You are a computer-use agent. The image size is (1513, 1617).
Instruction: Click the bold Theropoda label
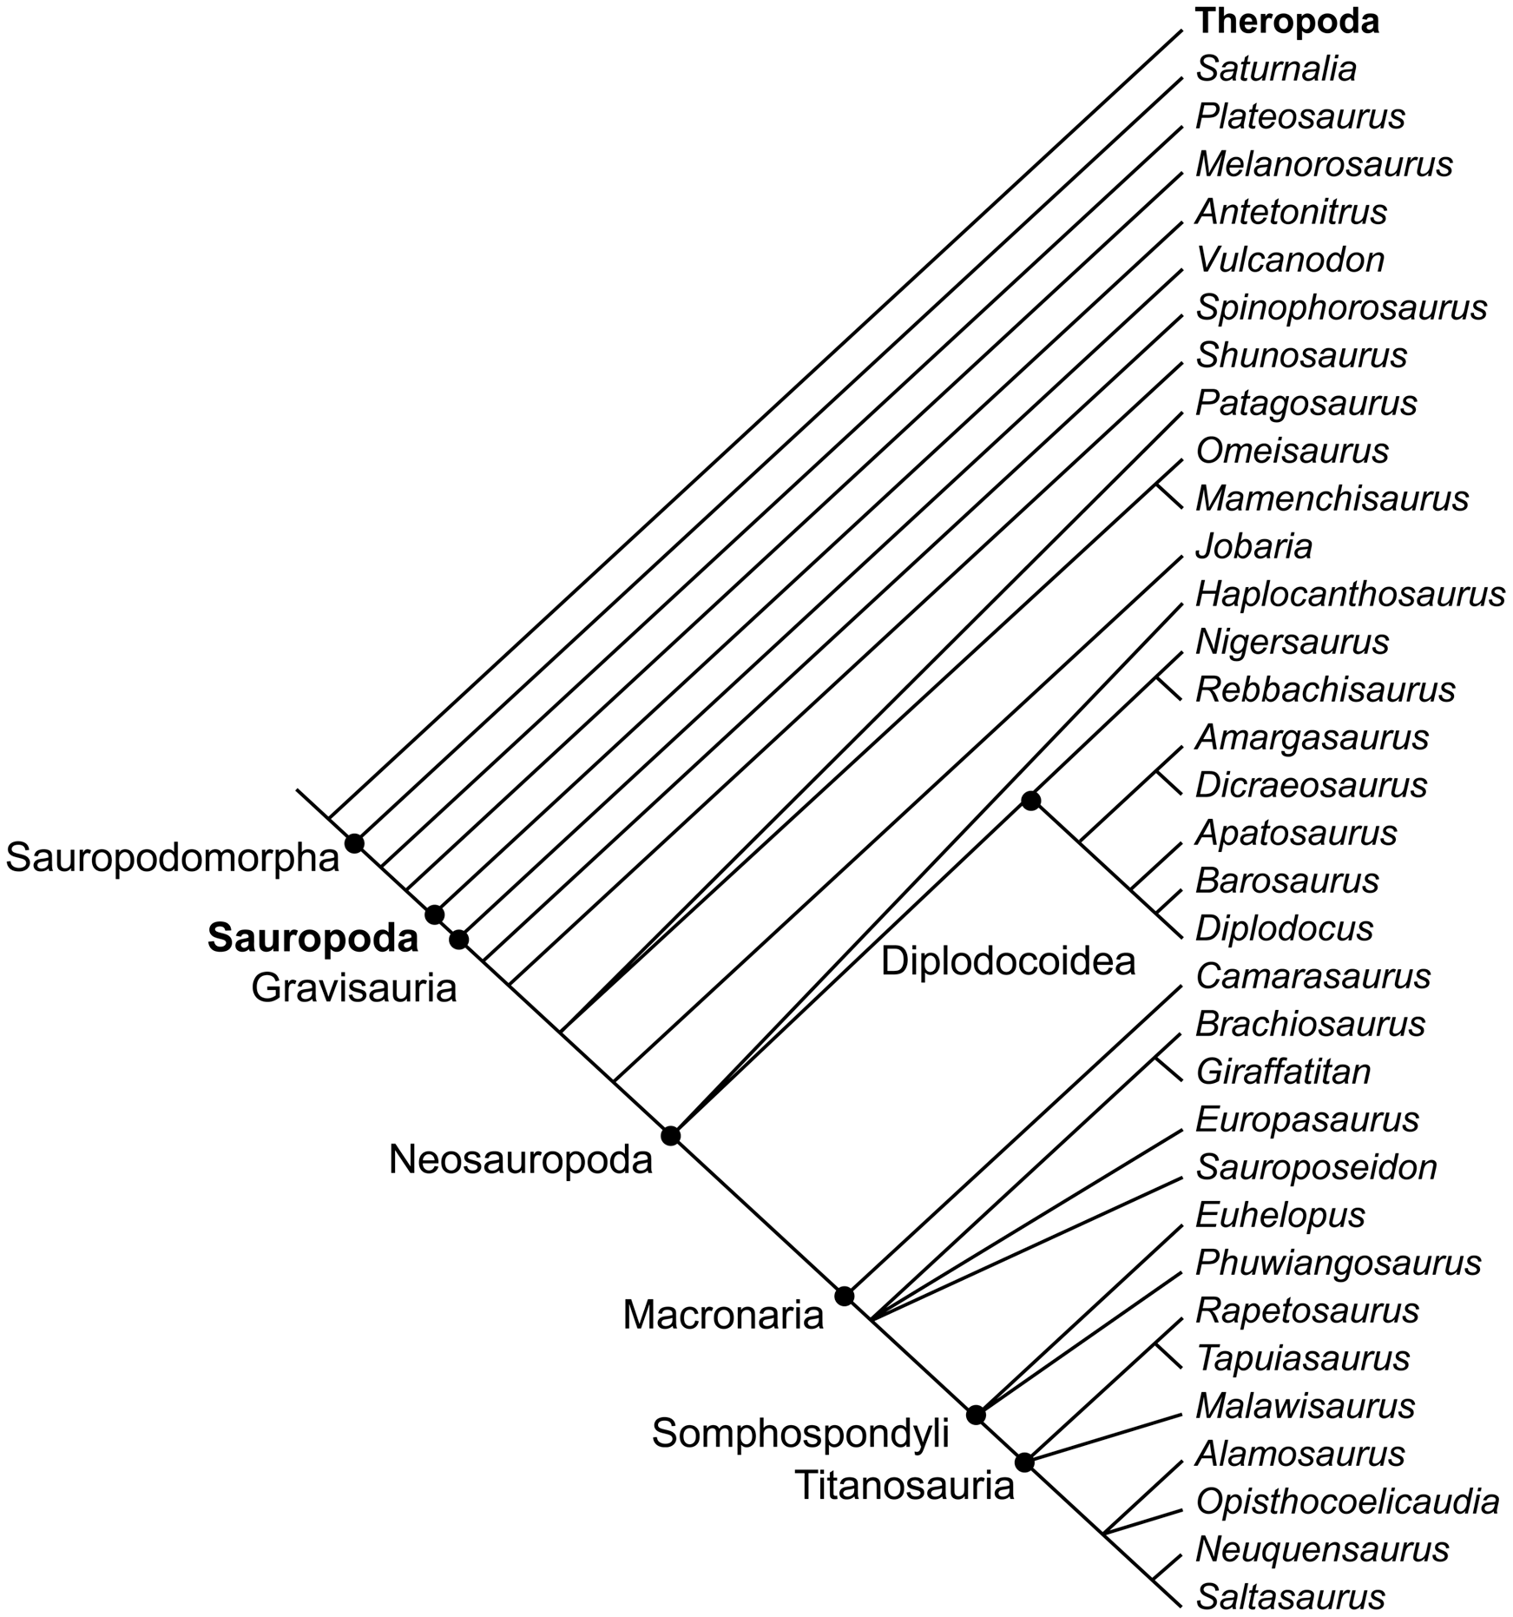coord(1287,23)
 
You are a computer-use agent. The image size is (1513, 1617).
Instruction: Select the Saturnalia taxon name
coord(1276,69)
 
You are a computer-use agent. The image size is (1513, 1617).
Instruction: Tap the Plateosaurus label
coord(1300,117)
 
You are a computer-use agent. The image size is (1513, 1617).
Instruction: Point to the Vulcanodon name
coord(1290,260)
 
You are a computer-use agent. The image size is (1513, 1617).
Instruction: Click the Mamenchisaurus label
coord(1332,499)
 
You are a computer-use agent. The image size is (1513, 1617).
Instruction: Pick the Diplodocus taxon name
coord(1285,928)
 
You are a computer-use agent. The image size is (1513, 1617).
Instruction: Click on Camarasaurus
coord(1312,976)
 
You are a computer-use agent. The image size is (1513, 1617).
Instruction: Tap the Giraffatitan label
coord(1283,1072)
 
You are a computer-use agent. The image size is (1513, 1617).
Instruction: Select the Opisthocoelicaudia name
coord(1347,1501)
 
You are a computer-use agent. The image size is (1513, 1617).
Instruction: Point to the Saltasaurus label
coord(1290,1597)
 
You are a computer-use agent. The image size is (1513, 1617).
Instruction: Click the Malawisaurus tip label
coord(1306,1406)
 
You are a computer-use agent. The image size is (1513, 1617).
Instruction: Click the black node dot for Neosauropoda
coord(670,1135)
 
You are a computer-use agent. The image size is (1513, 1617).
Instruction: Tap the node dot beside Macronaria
coord(844,1297)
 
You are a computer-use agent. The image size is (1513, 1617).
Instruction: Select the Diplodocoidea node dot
coord(1030,801)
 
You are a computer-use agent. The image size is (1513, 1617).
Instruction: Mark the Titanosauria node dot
coord(1024,1462)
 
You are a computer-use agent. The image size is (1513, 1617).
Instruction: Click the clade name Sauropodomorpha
coord(172,859)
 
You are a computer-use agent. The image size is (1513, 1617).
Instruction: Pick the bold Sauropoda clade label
coord(312,939)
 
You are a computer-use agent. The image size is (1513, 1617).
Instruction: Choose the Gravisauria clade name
coord(354,988)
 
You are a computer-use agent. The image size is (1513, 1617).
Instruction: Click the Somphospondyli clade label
coord(800,1434)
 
